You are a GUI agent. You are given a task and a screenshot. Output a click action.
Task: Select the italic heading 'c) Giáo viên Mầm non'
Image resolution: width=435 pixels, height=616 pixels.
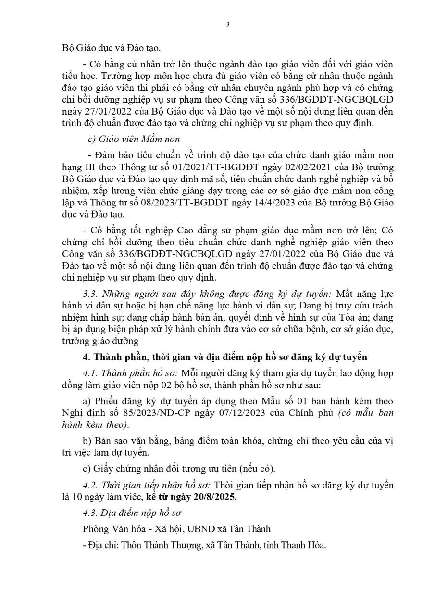134,139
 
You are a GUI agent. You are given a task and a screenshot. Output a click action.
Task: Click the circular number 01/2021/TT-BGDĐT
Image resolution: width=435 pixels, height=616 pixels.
180,167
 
